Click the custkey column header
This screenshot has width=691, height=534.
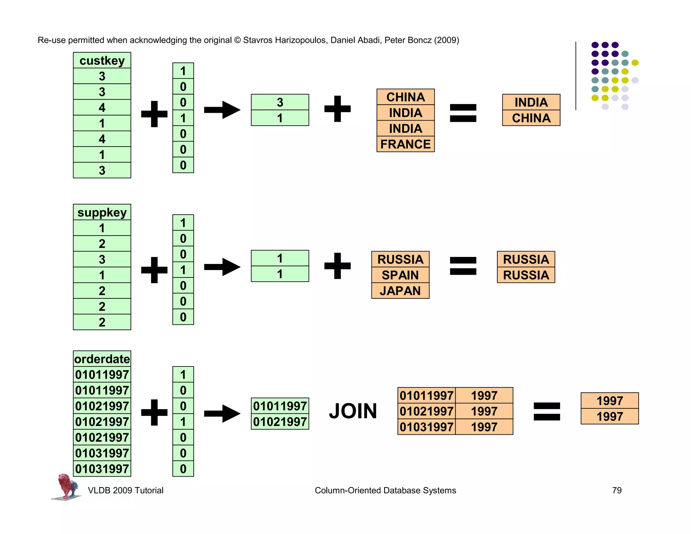[x=102, y=60]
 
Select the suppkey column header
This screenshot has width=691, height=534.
[x=102, y=212]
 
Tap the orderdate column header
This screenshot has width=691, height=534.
[x=102, y=359]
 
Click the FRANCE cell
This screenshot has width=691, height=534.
[x=405, y=144]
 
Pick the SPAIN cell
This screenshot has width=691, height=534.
[x=400, y=275]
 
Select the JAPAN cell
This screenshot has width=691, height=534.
[x=400, y=291]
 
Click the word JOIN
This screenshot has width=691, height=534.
[x=353, y=411]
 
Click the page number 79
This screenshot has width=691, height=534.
[x=616, y=490]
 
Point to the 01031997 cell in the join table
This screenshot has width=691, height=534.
[x=426, y=427]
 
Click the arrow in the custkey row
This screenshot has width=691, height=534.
[x=222, y=110]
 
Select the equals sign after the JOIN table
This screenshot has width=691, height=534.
[x=547, y=411]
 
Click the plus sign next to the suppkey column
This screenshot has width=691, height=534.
[x=154, y=270]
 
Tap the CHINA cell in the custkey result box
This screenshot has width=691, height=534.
[x=531, y=118]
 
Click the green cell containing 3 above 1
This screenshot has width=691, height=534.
[x=280, y=102]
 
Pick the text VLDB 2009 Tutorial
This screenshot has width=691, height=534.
[x=126, y=490]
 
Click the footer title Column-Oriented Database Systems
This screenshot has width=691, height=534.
[x=385, y=490]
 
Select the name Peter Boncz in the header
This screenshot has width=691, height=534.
[x=408, y=40]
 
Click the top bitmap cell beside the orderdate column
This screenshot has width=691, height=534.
[x=183, y=374]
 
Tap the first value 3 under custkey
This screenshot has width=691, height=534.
[x=102, y=76]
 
